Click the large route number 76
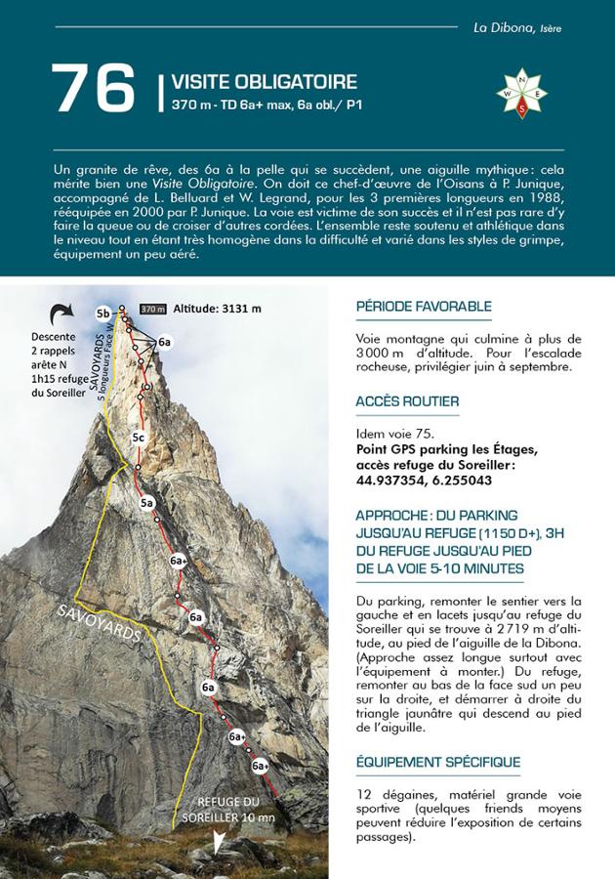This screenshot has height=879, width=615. click(94, 89)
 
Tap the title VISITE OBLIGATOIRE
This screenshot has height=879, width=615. click(264, 82)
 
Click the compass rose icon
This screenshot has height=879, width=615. click(521, 94)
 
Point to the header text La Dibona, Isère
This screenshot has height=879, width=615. click(517, 28)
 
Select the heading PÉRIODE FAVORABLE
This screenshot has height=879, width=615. click(424, 307)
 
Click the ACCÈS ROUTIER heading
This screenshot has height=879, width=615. click(407, 401)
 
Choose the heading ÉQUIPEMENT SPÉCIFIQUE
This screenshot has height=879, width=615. click(438, 762)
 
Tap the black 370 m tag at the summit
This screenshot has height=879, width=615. click(153, 309)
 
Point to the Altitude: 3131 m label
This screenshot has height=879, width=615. click(218, 309)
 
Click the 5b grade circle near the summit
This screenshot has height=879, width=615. click(102, 313)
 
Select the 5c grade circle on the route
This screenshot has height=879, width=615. click(139, 436)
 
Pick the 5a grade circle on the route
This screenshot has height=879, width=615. click(147, 502)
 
